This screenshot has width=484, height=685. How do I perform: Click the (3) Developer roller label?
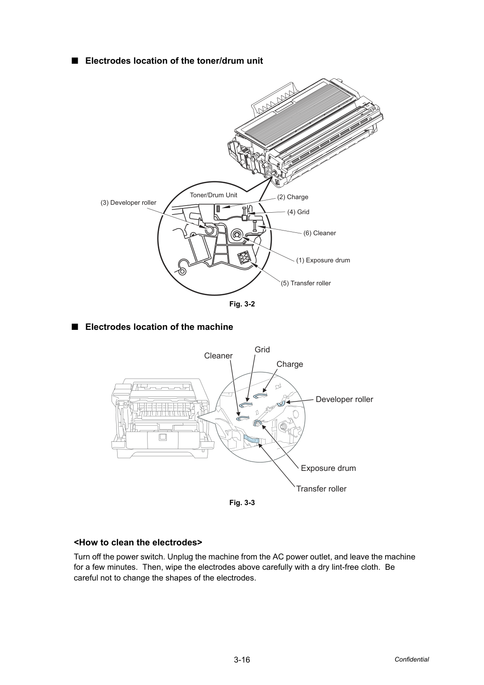point(128,203)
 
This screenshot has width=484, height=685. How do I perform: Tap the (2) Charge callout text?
point(292,197)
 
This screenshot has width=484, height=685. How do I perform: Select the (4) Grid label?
point(298,212)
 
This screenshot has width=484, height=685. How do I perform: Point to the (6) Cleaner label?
point(320,233)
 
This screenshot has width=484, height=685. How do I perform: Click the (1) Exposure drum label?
point(323,260)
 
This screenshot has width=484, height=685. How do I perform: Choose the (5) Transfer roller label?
point(306,283)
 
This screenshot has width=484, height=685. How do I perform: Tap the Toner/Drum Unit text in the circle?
point(213,195)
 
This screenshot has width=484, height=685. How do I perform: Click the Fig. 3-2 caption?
point(242,304)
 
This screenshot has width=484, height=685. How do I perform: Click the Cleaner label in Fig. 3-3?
point(218,356)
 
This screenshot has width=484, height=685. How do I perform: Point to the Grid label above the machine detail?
point(262,350)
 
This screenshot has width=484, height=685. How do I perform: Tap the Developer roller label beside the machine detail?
point(344,399)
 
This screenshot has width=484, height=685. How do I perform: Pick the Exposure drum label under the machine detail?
point(328,468)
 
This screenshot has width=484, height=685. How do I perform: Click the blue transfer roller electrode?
point(252,439)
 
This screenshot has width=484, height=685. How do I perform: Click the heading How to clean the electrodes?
point(138,543)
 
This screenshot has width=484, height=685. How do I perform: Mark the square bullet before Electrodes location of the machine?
point(74,327)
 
